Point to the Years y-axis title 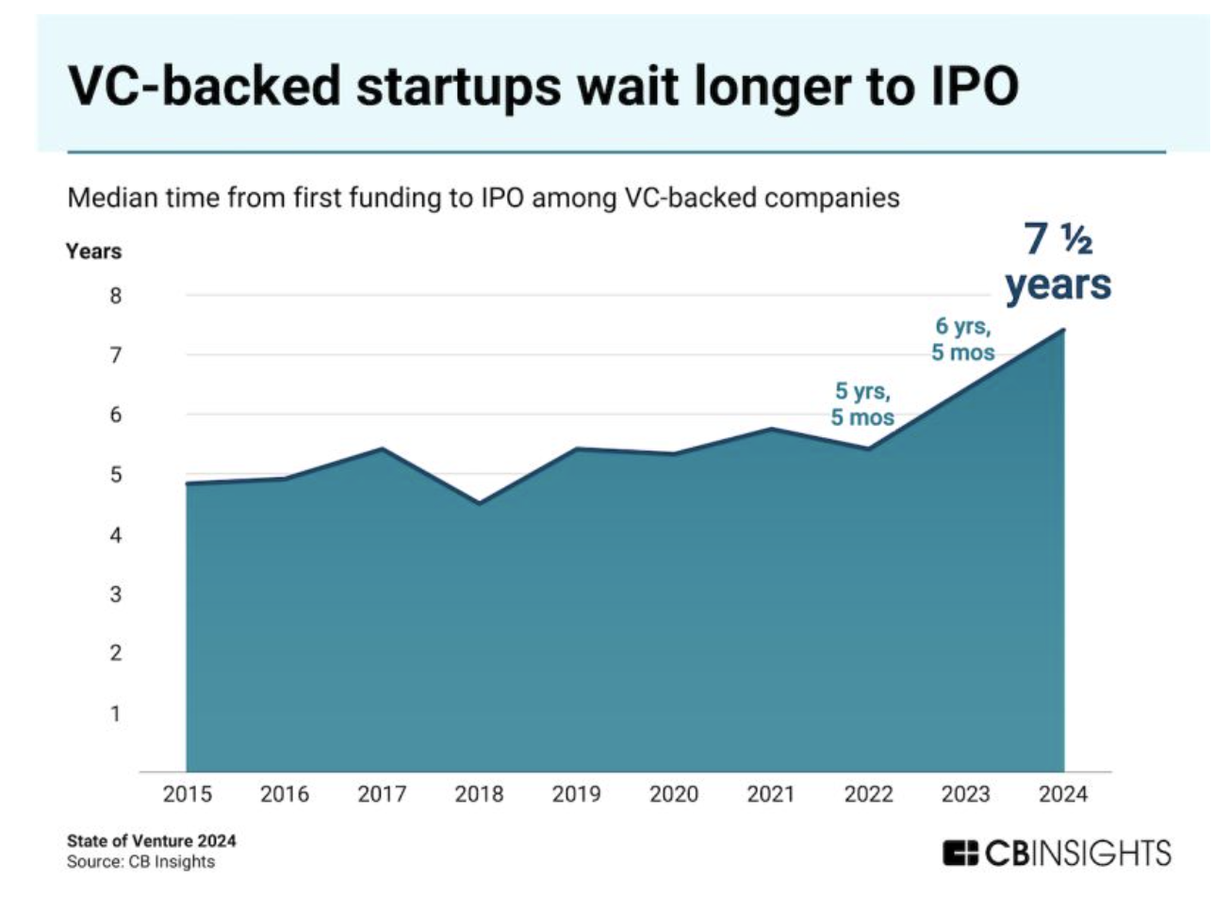tap(93, 252)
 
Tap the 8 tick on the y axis tap(117, 296)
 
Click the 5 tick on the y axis tap(117, 475)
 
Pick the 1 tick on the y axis tap(117, 713)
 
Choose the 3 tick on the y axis tap(117, 595)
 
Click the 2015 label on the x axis tap(188, 795)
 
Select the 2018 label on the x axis tap(480, 795)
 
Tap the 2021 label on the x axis tap(772, 795)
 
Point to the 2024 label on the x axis tap(1064, 795)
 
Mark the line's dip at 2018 tap(480, 503)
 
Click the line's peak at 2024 tap(1064, 329)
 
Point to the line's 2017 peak tap(383, 448)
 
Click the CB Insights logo tap(1057, 854)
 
